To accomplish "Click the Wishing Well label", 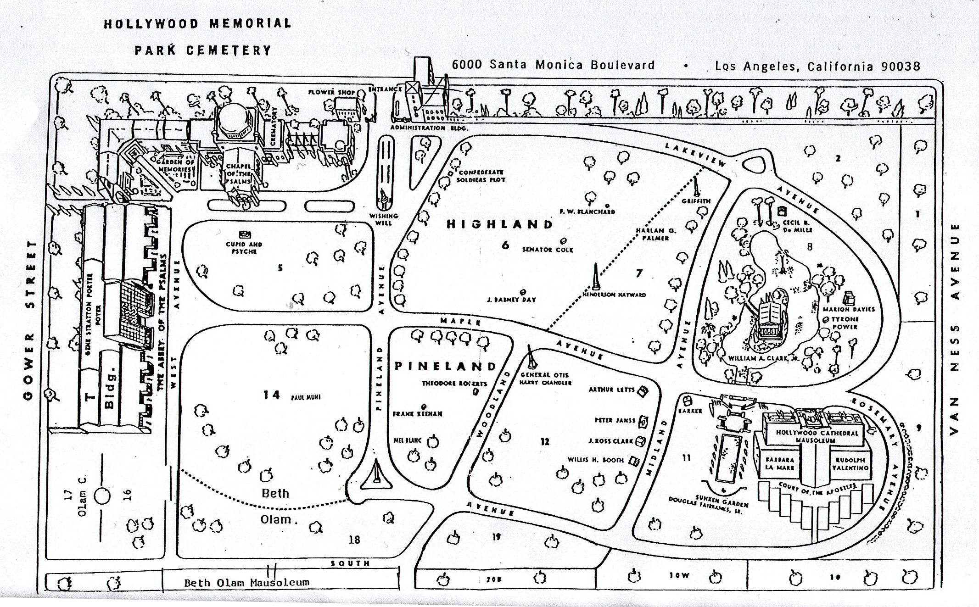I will pos(384,219).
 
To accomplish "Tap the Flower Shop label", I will pos(332,92).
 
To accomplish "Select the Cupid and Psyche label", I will pos(244,248).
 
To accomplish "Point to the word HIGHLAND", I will pos(500,224).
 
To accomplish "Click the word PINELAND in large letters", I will pos(446,366).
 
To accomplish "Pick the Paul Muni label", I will pos(306,397).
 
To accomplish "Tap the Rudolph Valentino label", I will pos(850,464).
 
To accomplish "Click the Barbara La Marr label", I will pos(779,464).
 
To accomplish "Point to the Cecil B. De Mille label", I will pos(798,226).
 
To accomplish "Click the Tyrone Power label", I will pos(845,323).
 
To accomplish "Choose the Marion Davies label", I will pos(849,309).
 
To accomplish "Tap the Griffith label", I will pos(696,201).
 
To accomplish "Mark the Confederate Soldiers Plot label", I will pos(481,176).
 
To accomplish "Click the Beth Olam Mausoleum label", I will pos(246,583).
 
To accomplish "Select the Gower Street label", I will pos(30,320).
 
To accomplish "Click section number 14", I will pos(272,395).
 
